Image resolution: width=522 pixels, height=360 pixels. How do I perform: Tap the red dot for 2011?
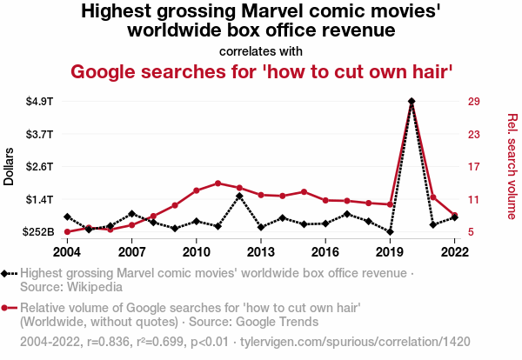pos(217,183)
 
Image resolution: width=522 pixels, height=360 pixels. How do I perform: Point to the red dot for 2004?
pos(67,232)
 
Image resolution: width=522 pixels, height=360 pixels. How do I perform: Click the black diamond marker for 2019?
pos(390,231)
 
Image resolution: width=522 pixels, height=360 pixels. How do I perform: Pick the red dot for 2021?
pos(433,197)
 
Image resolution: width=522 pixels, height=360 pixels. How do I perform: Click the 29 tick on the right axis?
pos(473,102)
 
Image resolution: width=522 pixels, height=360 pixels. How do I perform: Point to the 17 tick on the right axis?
pos(473,167)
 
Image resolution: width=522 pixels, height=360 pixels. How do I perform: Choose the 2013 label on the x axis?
pos(261,252)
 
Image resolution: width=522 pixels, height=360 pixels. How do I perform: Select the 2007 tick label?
pos(131,252)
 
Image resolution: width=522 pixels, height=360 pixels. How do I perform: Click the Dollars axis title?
pos(10,166)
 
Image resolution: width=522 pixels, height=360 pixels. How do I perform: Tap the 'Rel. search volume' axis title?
pos(512,167)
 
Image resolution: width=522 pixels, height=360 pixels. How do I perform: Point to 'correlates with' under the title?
pos(261,50)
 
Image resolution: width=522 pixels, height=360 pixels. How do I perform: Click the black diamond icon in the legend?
pos(8,274)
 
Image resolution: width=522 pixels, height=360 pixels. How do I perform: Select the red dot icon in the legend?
pos(8,307)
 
